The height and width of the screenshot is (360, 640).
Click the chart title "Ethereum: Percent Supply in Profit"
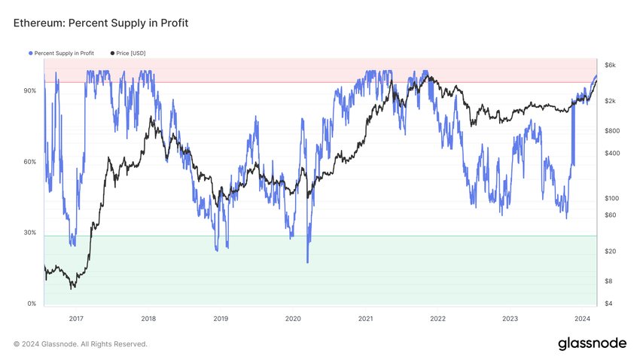coord(101,23)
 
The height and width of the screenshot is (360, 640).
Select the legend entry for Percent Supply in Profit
coord(64,53)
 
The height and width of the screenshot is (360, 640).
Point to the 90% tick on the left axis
coord(30,91)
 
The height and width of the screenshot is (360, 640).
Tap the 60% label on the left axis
coord(30,162)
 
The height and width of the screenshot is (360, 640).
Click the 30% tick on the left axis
coord(30,233)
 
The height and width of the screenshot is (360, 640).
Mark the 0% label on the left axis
coord(32,304)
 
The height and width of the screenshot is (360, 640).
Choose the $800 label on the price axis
coord(612,131)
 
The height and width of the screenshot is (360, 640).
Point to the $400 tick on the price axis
coord(612,153)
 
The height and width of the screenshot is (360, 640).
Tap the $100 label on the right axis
coord(612,198)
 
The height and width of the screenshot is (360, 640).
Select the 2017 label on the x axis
coord(76,319)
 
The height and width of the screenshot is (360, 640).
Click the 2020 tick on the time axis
coord(293,319)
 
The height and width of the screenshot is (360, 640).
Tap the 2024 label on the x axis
coord(582,319)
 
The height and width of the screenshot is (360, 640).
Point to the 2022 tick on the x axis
coord(437,319)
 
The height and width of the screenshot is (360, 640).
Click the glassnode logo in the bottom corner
coord(592,343)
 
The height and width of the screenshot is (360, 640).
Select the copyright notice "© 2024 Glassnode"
coord(81,344)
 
